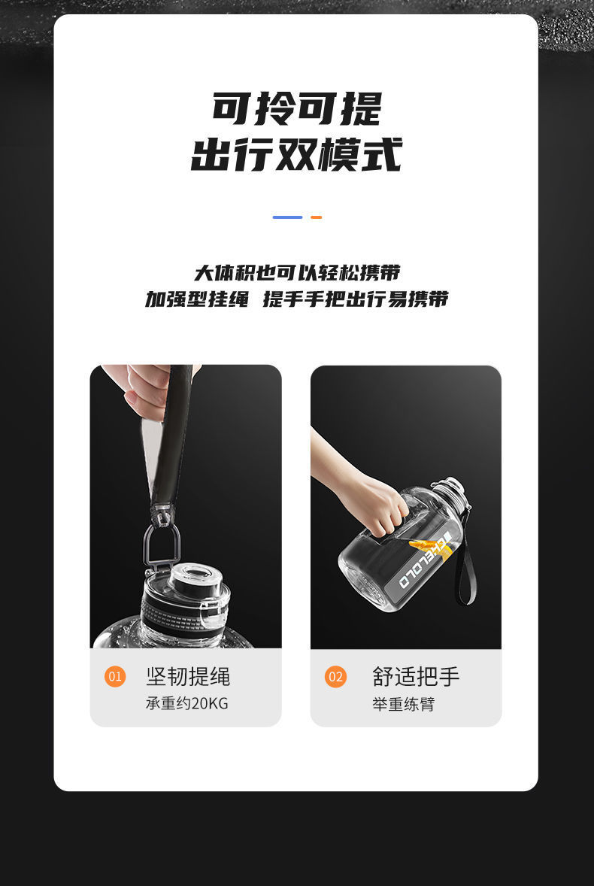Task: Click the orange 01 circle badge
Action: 115,676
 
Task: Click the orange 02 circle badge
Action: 335,676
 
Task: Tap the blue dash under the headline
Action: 287,217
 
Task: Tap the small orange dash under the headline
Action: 317,217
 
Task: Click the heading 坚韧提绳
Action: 188,676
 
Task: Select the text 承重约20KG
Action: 187,703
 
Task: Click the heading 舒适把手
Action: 416,676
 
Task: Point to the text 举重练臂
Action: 403,704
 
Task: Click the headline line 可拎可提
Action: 298,108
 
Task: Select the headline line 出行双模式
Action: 297,154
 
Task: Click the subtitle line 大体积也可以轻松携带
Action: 297,273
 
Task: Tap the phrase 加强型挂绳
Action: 196,299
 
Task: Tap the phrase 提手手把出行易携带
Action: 356,299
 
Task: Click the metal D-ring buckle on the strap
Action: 162,544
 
